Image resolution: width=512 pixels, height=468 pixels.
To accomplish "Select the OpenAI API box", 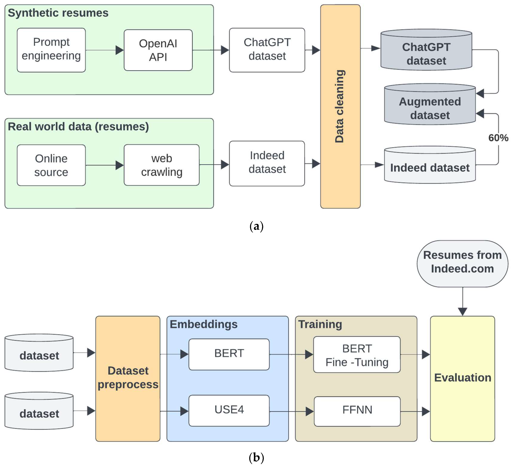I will [158, 50].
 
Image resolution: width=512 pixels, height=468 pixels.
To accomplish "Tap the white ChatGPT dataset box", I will [267, 50].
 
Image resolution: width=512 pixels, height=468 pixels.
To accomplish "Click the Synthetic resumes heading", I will [58, 13].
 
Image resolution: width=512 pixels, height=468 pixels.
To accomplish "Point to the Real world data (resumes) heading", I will [78, 126].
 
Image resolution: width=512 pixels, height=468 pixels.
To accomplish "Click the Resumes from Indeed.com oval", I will [462, 264].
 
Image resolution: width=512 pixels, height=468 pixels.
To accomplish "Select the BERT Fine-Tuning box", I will [357, 355].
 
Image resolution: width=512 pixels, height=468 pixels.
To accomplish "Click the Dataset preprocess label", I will [128, 377].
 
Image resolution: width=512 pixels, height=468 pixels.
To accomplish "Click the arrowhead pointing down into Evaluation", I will [462, 312].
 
